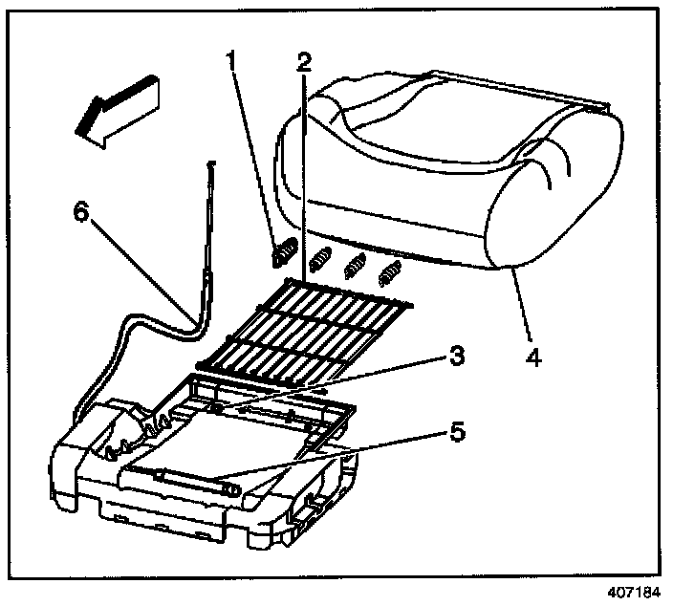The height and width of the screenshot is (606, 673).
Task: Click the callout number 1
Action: pos(229,62)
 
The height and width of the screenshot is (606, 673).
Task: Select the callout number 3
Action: pos(456,358)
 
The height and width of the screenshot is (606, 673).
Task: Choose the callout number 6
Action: pos(81,211)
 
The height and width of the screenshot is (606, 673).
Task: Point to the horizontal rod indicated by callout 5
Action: pos(191,479)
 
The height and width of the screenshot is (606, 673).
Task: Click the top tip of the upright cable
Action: pos(214,165)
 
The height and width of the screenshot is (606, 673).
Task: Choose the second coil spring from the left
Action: pos(320,260)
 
